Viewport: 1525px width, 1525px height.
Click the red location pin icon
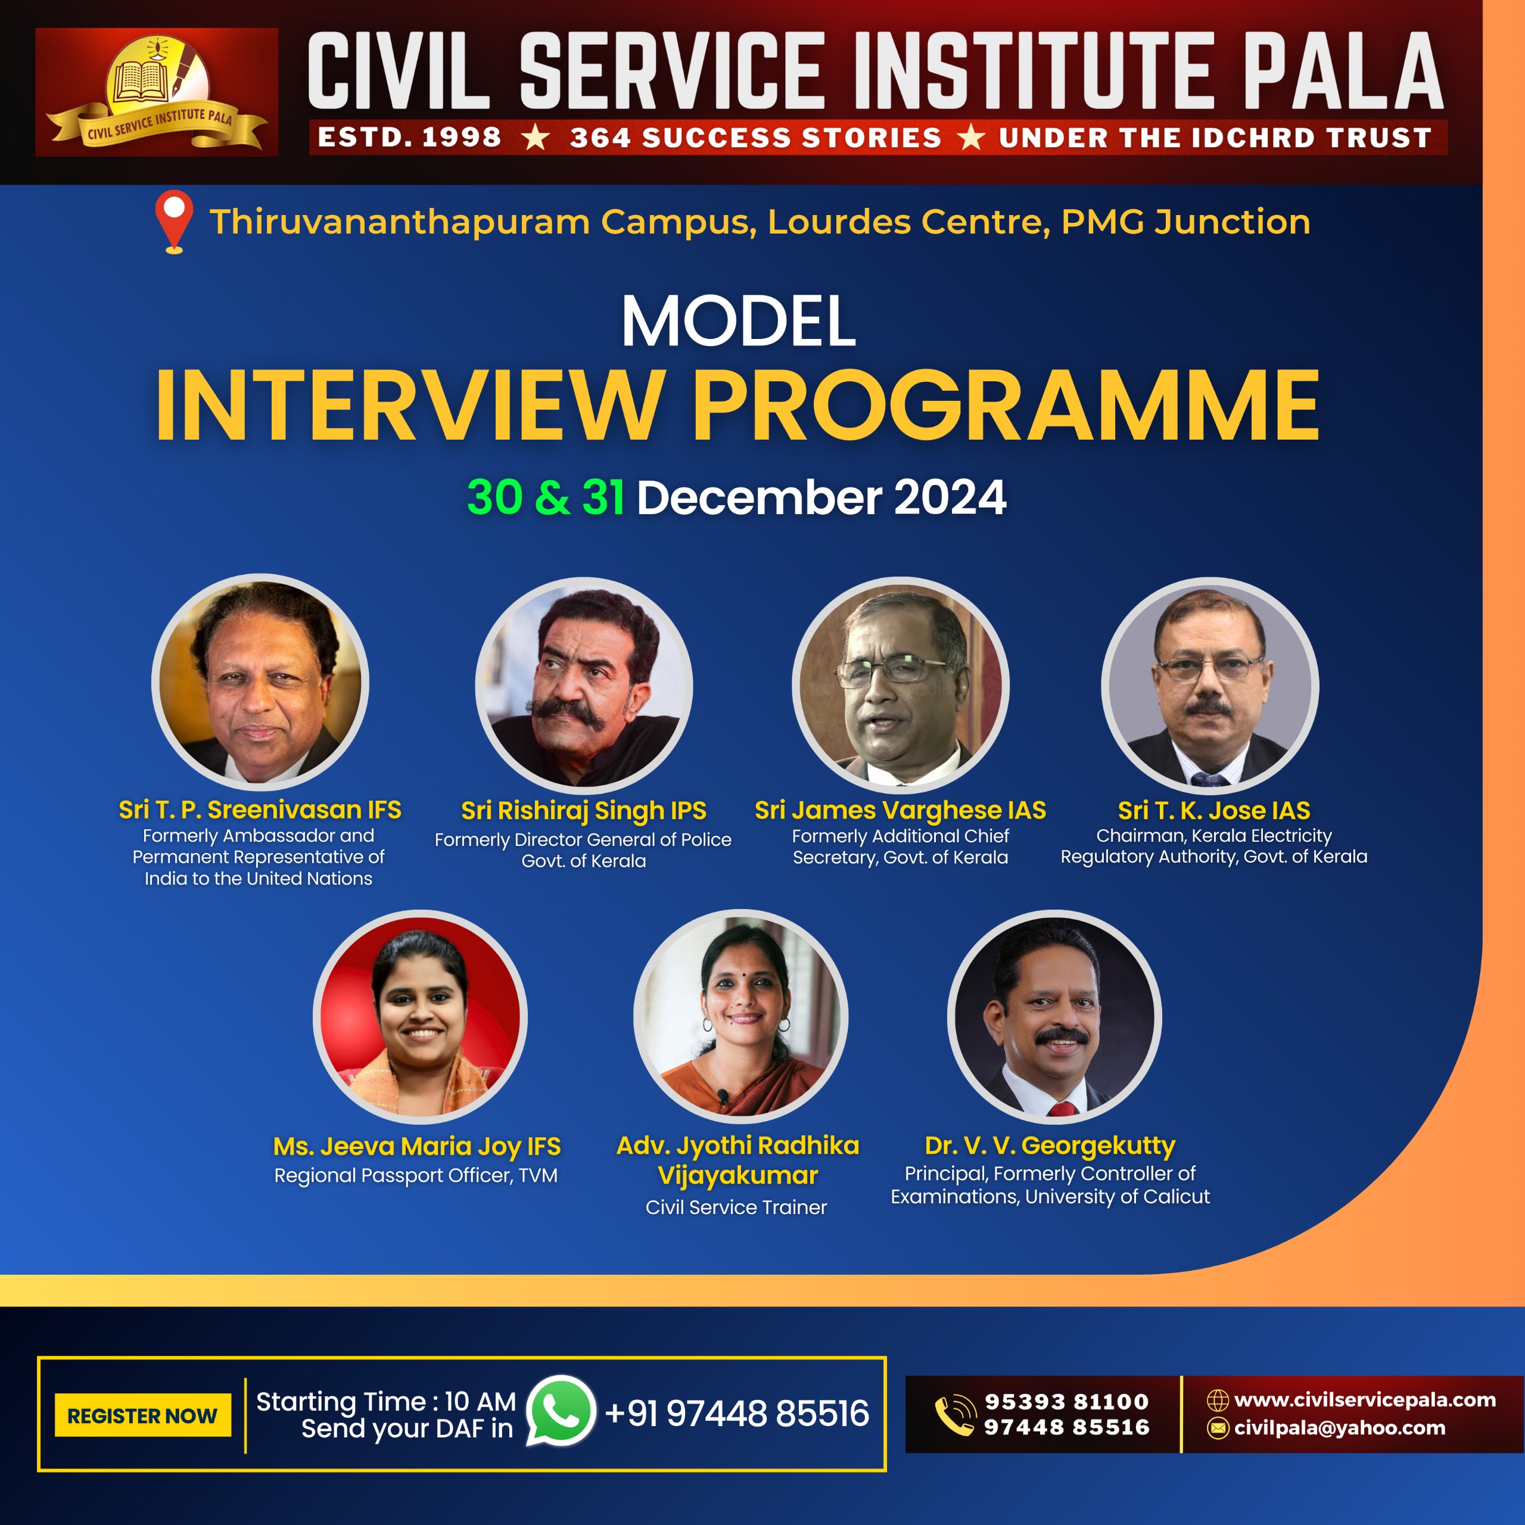tap(175, 222)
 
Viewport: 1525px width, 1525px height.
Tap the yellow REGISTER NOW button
tap(143, 1415)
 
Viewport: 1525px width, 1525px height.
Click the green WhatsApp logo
tap(561, 1411)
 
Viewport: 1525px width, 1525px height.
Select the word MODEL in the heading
tap(738, 320)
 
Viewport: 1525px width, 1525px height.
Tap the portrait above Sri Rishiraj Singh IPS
tap(584, 685)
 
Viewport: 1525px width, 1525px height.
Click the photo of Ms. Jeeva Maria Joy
tap(420, 1017)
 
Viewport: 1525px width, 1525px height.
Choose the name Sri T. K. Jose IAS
tap(1213, 810)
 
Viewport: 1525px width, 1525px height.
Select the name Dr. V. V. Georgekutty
tap(1050, 1146)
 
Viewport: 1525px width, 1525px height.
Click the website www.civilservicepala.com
tap(1365, 1399)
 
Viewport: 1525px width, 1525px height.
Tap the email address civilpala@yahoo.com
tap(1340, 1428)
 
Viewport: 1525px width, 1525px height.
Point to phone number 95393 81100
tap(1066, 1401)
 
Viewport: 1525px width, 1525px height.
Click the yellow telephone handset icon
tap(955, 1414)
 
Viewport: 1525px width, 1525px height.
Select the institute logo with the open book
tap(157, 92)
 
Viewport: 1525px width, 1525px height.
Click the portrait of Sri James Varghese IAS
tap(900, 685)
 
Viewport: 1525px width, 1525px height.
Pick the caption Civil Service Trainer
tap(736, 1207)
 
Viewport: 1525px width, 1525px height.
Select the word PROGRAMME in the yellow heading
tap(1006, 405)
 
